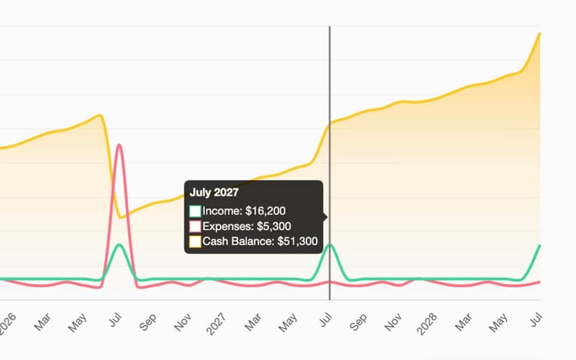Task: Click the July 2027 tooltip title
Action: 214,192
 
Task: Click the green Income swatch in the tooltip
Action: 195,211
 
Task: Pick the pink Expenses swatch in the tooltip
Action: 195,226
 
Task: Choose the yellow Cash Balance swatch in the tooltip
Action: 195,241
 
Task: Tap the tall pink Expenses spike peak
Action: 119,145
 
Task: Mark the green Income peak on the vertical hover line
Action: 330,245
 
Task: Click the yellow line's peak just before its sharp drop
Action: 100,115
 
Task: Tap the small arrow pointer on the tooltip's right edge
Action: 326,217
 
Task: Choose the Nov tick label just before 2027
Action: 183,322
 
